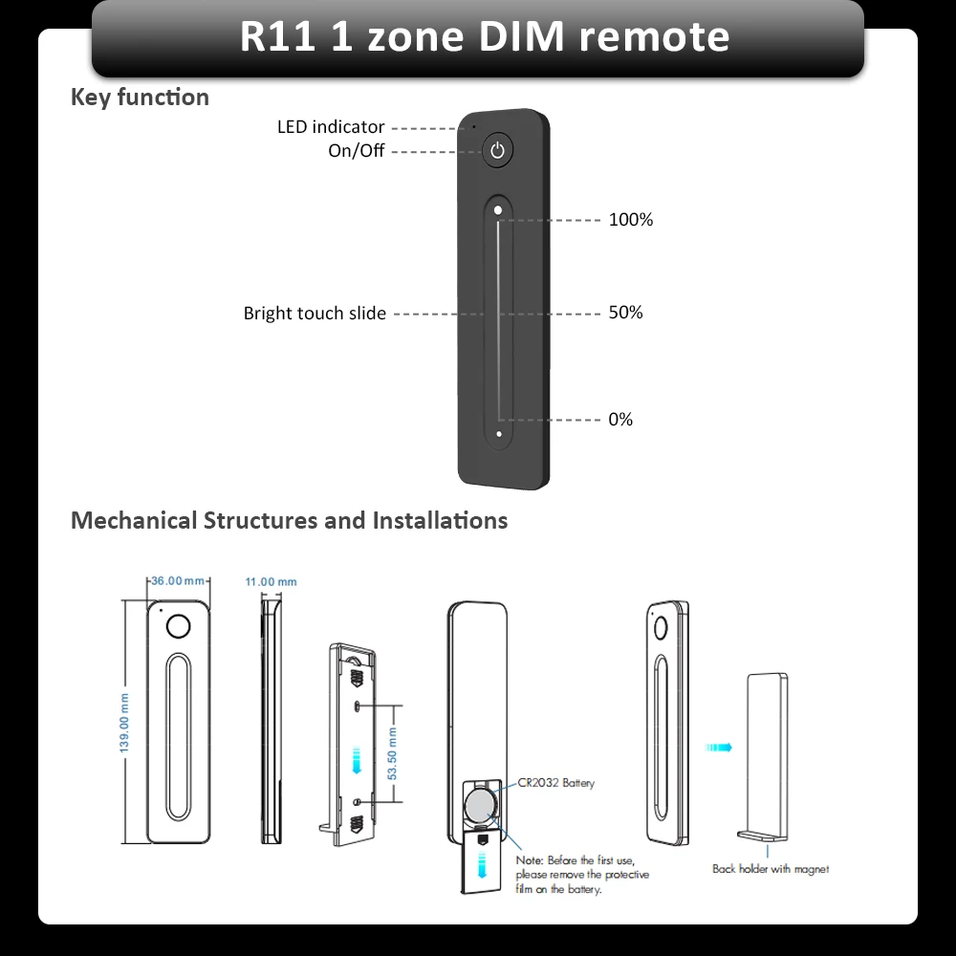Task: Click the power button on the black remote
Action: pyautogui.click(x=497, y=150)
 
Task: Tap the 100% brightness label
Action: pyautogui.click(x=630, y=220)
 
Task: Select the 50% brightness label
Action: pyautogui.click(x=625, y=313)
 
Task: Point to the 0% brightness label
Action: pyautogui.click(x=620, y=420)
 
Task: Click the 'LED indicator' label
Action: pyautogui.click(x=331, y=127)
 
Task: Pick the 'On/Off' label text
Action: pyautogui.click(x=356, y=151)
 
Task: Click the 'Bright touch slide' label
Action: pyautogui.click(x=315, y=314)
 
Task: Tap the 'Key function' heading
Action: pyautogui.click(x=140, y=98)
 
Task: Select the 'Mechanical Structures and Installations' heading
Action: pyautogui.click(x=289, y=521)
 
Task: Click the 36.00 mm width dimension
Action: pyautogui.click(x=179, y=581)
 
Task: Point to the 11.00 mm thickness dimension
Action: pyautogui.click(x=271, y=581)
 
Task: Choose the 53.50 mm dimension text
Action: pyautogui.click(x=391, y=752)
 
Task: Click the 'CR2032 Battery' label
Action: pyautogui.click(x=555, y=783)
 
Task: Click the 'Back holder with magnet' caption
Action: pyautogui.click(x=770, y=869)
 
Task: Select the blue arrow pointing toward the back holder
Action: pyautogui.click(x=719, y=748)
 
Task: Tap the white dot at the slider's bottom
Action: pyautogui.click(x=498, y=434)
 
